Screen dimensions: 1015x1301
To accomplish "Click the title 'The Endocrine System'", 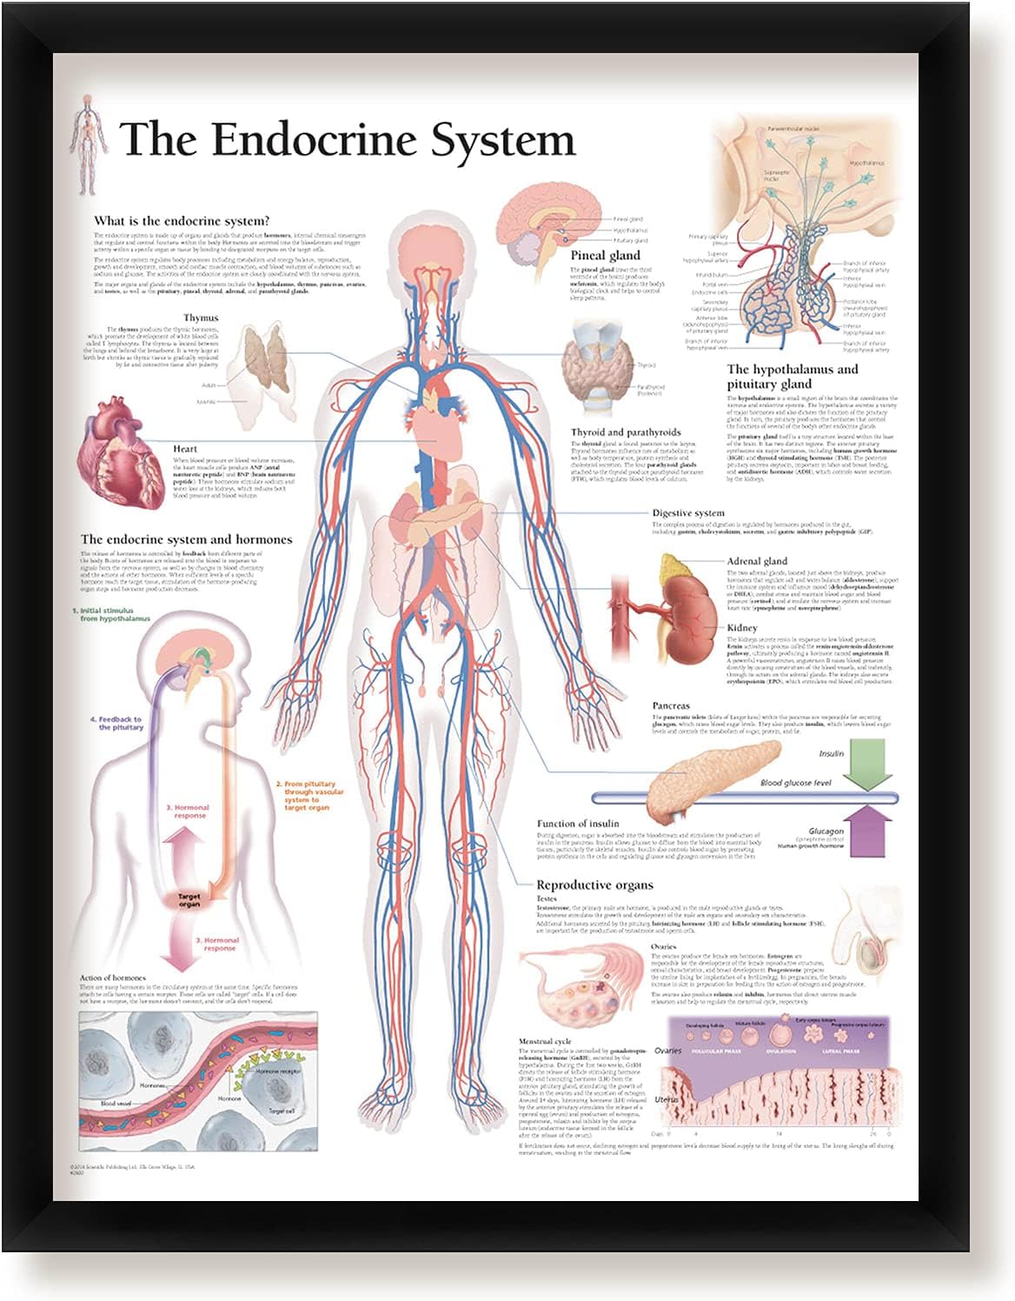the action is tap(348, 139).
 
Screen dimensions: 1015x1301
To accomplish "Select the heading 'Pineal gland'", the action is tap(605, 256).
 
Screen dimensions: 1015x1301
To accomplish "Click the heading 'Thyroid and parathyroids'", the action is tap(626, 432).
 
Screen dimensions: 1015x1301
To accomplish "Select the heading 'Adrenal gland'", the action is tap(757, 561).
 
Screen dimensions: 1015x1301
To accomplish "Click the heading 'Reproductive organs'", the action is tap(594, 884).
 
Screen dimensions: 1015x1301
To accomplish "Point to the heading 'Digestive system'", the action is tap(688, 513).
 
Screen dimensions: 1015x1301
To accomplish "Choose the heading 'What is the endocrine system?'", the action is tap(182, 221).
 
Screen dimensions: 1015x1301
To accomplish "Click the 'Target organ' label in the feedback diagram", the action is tap(189, 900).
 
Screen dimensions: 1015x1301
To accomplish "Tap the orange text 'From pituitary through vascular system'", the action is tap(311, 795).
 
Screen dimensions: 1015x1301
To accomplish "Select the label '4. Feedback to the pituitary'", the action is tap(116, 723).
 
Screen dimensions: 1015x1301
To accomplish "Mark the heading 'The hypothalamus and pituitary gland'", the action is tap(792, 376).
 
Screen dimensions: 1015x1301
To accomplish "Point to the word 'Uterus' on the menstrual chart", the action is tap(667, 1099).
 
